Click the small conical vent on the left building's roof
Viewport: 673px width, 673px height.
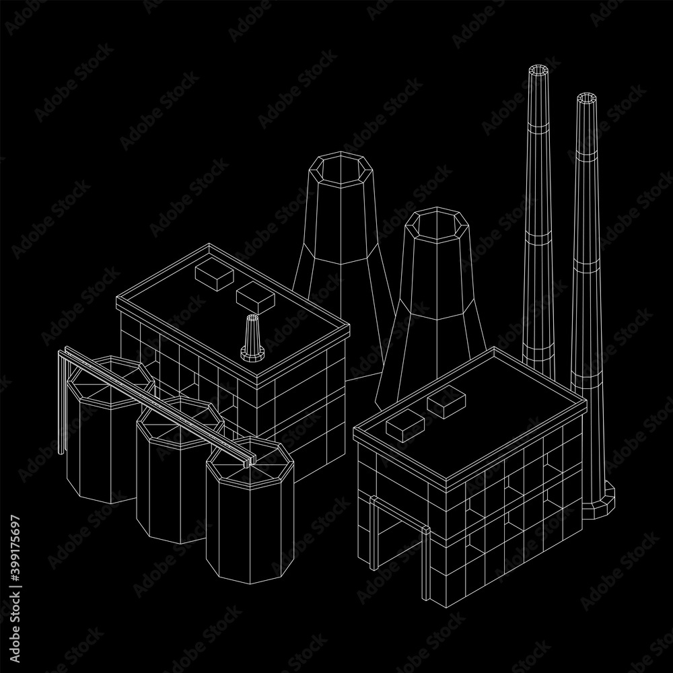coord(252,337)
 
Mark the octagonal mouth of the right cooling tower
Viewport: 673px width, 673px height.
coord(437,225)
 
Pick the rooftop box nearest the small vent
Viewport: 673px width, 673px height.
coord(255,298)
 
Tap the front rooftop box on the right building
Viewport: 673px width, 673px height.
coord(405,425)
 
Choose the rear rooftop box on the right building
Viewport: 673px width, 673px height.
coord(446,401)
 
